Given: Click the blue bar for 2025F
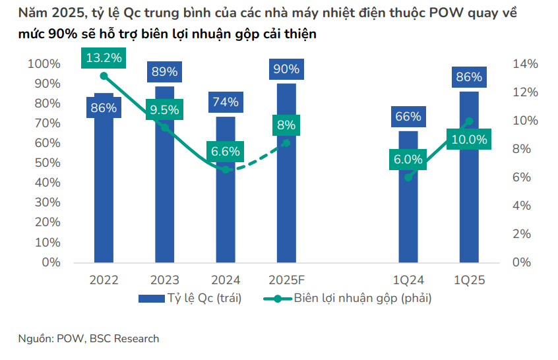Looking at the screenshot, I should (x=286, y=198).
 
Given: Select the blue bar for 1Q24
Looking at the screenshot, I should (x=408, y=211).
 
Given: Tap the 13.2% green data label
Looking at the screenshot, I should (x=104, y=58).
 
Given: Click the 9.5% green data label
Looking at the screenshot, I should (x=164, y=110).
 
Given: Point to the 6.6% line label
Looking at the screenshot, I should (x=226, y=152).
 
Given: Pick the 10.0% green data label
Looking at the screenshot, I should (x=469, y=140).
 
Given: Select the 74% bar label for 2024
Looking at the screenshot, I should (x=226, y=102).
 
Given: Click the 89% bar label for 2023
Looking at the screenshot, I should (x=164, y=71).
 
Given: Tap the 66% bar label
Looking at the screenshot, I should (x=408, y=117).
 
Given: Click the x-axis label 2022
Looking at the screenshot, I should (x=104, y=280).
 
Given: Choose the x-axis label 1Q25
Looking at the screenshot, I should (x=469, y=280).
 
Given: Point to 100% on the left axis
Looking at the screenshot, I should (x=44, y=64).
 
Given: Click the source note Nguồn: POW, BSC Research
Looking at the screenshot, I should (x=88, y=339).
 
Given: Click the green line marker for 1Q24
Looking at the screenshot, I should (x=408, y=177).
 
